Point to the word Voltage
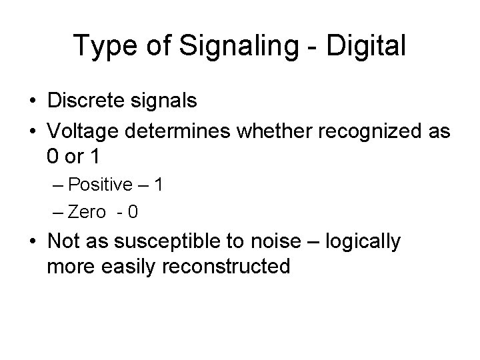pyautogui.click(x=81, y=131)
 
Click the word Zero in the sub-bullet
pyautogui.click(x=87, y=213)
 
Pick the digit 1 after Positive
pyautogui.click(x=157, y=185)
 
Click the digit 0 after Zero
pyautogui.click(x=133, y=213)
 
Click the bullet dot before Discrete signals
pyautogui.click(x=32, y=102)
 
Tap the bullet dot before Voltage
pyautogui.click(x=32, y=132)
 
